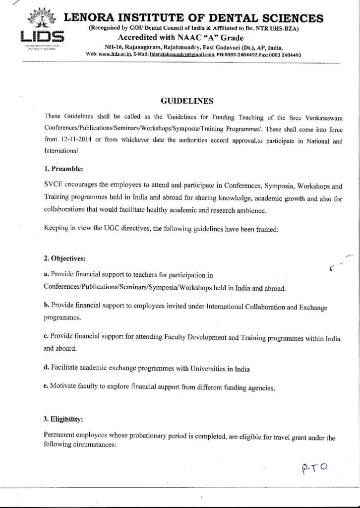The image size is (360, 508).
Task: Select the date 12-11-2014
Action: (76, 140)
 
